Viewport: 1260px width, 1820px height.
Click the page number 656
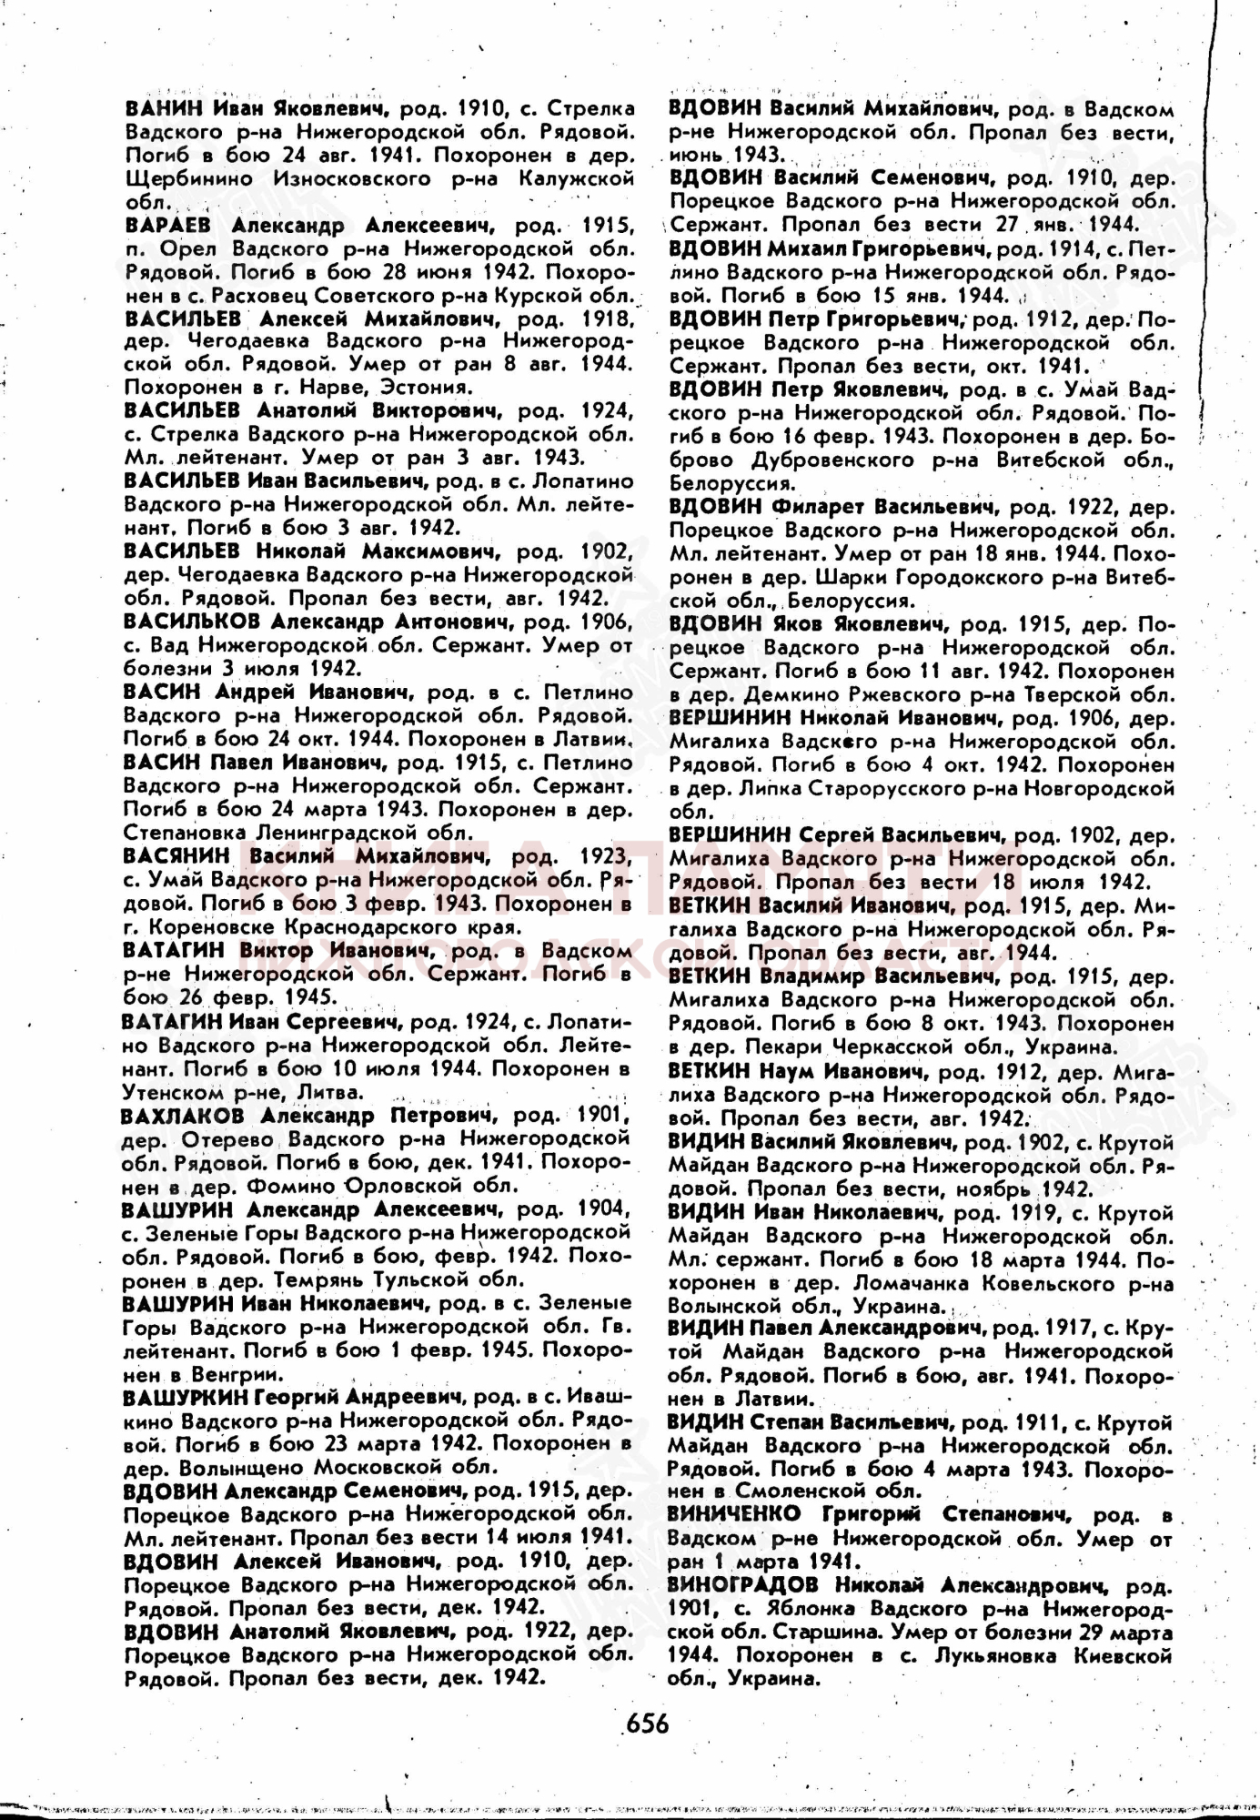tap(646, 1723)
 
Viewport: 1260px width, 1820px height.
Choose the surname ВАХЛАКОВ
tap(182, 1115)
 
